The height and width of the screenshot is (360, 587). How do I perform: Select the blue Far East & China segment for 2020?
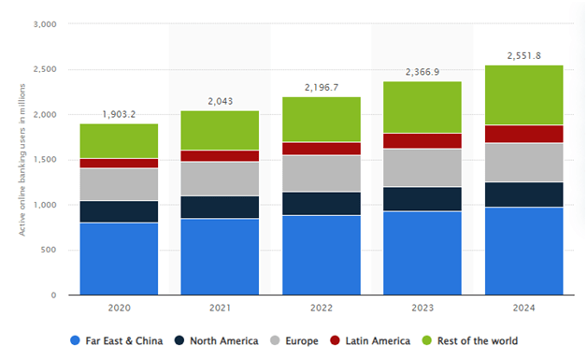pos(119,258)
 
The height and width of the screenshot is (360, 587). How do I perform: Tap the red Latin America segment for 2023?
pos(422,140)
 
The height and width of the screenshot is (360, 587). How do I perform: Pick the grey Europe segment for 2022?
pos(321,173)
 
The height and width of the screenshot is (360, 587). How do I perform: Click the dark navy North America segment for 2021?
pos(220,207)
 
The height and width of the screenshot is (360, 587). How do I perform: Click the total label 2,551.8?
pos(523,55)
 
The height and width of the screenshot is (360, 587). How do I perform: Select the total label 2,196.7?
pos(321,87)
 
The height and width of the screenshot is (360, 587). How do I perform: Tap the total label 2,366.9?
pos(422,72)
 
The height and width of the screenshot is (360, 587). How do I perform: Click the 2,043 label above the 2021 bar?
pos(220,101)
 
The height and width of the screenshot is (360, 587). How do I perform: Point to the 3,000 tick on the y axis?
pos(43,24)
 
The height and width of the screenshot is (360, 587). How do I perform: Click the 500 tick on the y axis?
pos(48,250)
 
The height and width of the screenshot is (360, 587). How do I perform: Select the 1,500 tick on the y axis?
pos(43,160)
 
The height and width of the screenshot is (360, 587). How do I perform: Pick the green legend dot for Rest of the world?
pos(430,340)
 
